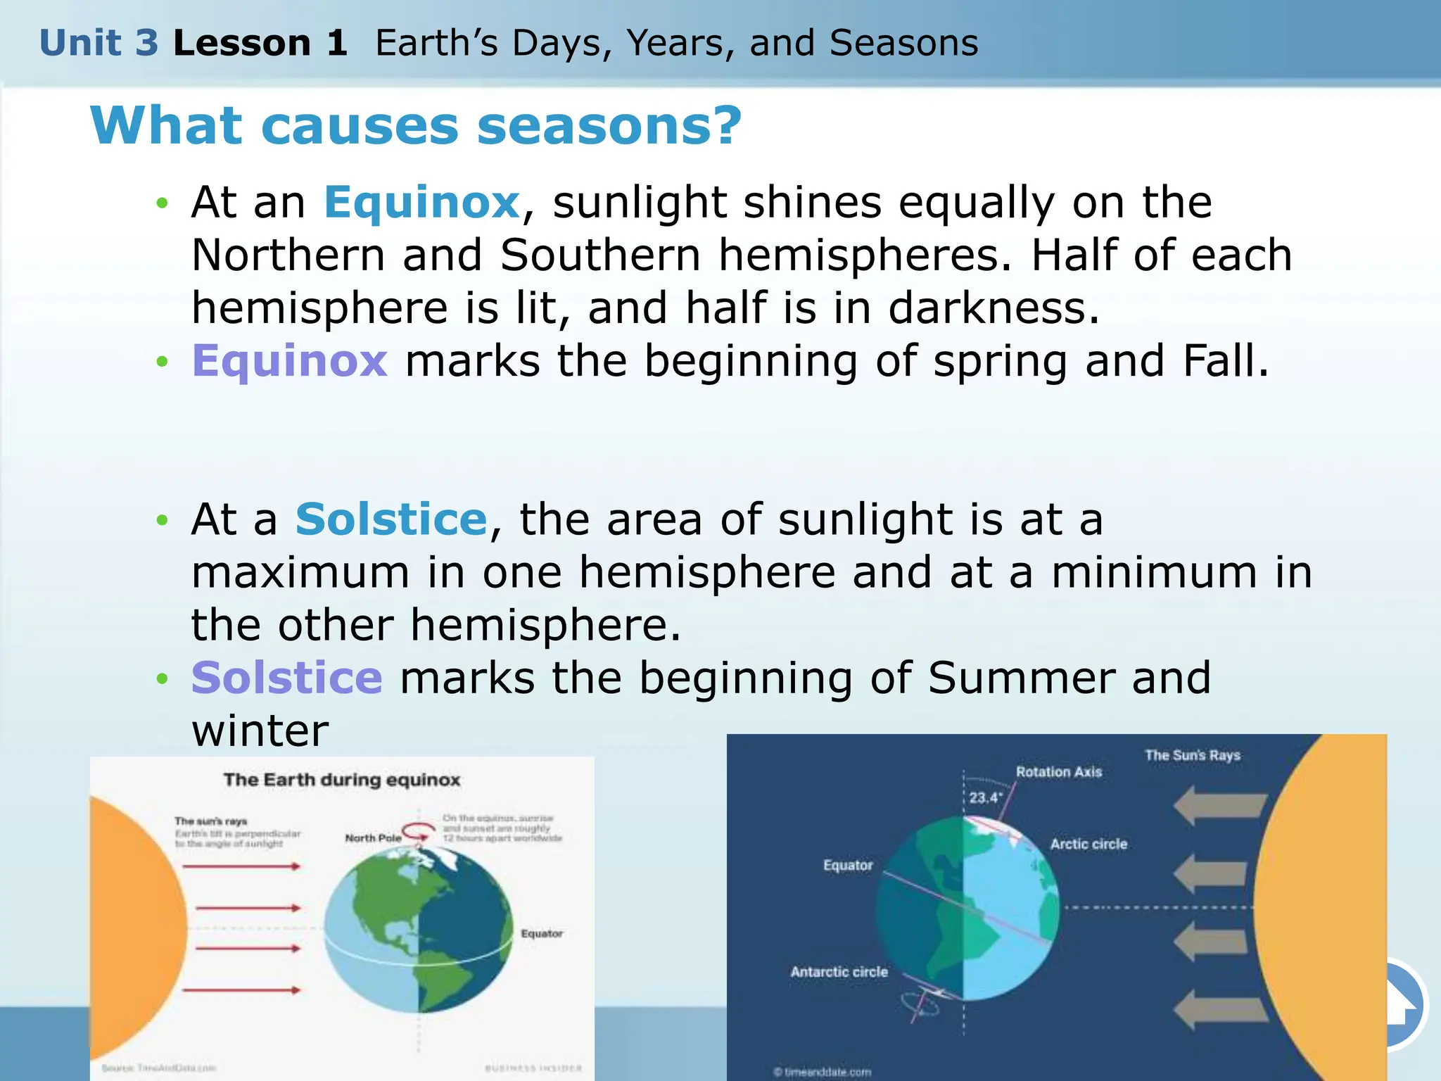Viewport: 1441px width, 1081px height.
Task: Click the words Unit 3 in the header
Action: pyautogui.click(x=99, y=44)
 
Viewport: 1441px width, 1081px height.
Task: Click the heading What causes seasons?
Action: pyautogui.click(x=416, y=126)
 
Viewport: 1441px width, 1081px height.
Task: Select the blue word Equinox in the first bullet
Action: pyautogui.click(x=421, y=203)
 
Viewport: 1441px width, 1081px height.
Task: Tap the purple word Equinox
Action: pyautogui.click(x=289, y=361)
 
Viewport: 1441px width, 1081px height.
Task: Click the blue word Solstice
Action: pyautogui.click(x=391, y=519)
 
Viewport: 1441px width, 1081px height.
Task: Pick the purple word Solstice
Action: pyautogui.click(x=286, y=678)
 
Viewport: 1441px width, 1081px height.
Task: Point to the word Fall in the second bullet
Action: pyautogui.click(x=1225, y=361)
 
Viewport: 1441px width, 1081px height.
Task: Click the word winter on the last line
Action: pyautogui.click(x=260, y=731)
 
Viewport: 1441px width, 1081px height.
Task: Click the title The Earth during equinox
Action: pyautogui.click(x=342, y=780)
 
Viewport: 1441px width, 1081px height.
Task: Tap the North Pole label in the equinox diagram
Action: pyautogui.click(x=373, y=837)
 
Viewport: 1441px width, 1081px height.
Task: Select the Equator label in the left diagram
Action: pyautogui.click(x=541, y=933)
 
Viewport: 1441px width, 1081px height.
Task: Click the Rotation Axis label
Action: pyautogui.click(x=1058, y=772)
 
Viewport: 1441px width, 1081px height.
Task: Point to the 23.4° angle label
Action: pyautogui.click(x=984, y=797)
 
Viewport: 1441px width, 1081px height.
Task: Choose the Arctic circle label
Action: pyautogui.click(x=1088, y=844)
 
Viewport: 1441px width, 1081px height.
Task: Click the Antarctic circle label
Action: pyautogui.click(x=839, y=972)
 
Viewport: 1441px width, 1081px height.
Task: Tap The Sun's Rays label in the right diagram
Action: pyautogui.click(x=1192, y=755)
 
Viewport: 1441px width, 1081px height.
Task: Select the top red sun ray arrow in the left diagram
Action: pyautogui.click(x=241, y=866)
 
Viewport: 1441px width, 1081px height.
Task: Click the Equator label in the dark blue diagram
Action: pyautogui.click(x=848, y=865)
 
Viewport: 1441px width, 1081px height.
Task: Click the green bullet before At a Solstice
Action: pyautogui.click(x=163, y=521)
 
